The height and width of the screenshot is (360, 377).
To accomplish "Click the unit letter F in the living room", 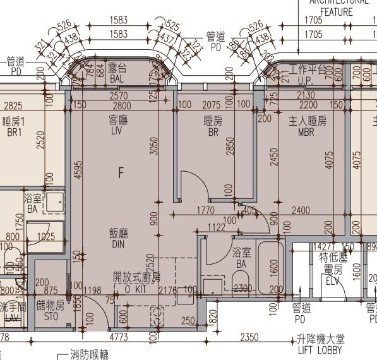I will [x=121, y=171].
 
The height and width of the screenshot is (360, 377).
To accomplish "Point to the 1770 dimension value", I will [x=206, y=210].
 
